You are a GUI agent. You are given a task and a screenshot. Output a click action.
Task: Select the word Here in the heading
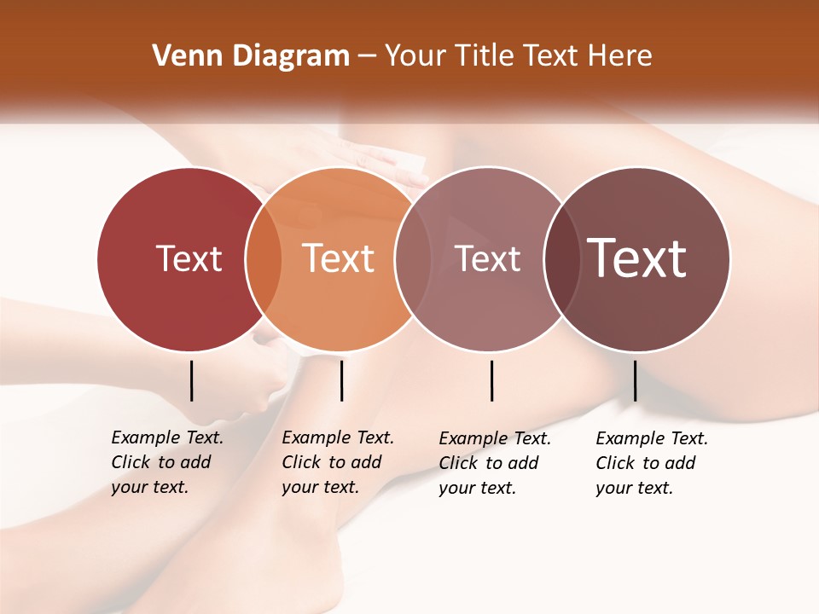point(621,56)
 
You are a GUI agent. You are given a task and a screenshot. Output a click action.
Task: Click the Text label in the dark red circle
point(189,258)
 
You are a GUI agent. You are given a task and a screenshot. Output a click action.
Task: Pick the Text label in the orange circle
point(338,258)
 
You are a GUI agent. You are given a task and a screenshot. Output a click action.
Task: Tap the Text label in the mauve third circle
point(487,258)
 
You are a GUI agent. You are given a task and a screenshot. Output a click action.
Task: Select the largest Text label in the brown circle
point(636,258)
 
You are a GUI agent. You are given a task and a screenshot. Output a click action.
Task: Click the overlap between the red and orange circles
point(264,259)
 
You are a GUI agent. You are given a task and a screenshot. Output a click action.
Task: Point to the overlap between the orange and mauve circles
point(413,259)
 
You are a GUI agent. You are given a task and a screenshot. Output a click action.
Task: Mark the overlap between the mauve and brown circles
point(562,259)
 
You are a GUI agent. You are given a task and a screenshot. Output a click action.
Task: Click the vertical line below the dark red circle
point(192,380)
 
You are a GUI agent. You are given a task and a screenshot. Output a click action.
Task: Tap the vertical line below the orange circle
point(341,380)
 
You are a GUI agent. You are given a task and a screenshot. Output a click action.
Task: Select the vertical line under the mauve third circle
point(491,380)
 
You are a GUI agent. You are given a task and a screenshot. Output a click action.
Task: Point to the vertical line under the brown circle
point(635,380)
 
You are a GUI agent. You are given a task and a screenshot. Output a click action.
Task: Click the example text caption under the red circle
point(167,462)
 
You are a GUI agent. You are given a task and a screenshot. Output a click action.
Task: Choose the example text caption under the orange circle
point(338,462)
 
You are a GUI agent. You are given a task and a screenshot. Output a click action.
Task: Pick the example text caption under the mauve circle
point(495,463)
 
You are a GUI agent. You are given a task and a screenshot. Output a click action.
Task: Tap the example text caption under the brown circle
point(652,463)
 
